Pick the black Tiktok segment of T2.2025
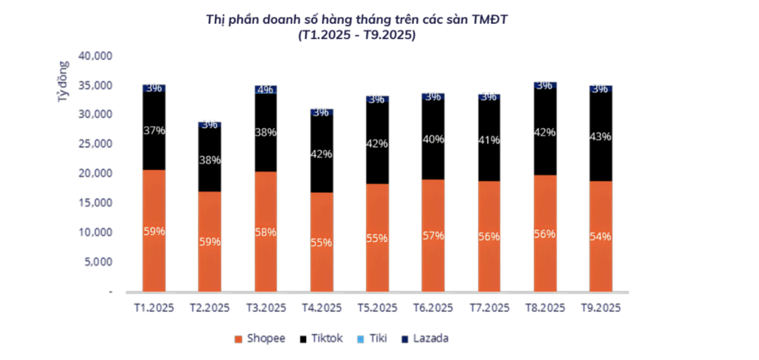coord(209,159)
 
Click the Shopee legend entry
coord(260,338)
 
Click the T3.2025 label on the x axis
coord(265,308)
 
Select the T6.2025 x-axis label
coord(433,308)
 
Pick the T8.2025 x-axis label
coord(544,308)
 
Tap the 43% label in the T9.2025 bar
coord(600,137)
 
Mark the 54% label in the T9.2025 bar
coord(600,237)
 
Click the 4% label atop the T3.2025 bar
coord(265,89)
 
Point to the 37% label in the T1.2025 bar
coord(153,131)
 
